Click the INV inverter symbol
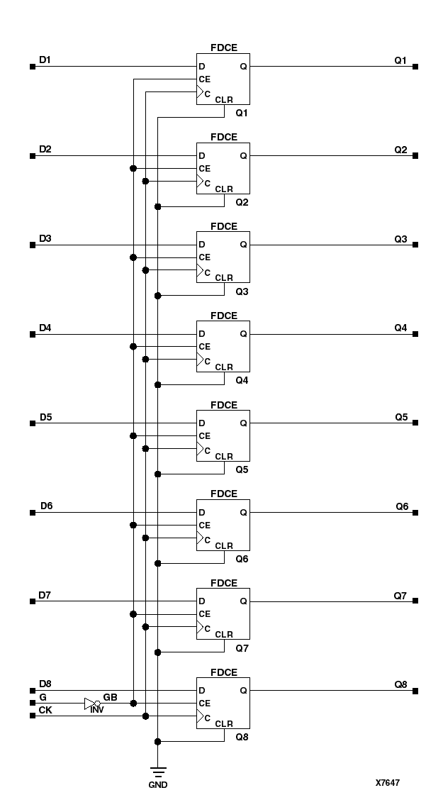[x=90, y=704]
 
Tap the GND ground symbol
[x=157, y=772]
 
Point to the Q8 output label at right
[x=401, y=684]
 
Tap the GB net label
[x=111, y=697]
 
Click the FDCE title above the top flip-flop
[x=223, y=48]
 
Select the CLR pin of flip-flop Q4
[x=224, y=367]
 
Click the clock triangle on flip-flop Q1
[x=200, y=92]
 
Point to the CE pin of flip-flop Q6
[x=205, y=525]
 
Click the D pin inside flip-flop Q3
[x=203, y=245]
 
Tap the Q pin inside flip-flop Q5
[x=243, y=423]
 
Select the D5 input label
[x=45, y=417]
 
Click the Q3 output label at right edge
[x=401, y=239]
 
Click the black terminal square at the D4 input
[x=33, y=334]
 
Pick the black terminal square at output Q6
[x=415, y=512]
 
